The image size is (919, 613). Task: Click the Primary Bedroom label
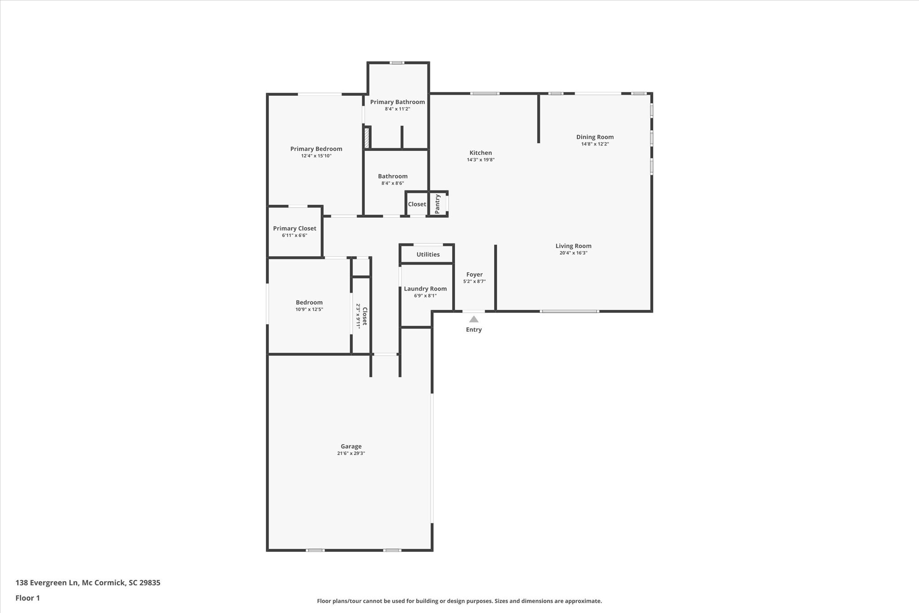316,149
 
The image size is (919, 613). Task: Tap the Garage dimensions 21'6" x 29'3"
351,453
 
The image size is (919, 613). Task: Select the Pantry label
438,203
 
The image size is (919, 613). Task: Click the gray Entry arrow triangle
474,319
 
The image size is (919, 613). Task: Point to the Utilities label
428,254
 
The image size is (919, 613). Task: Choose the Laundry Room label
425,289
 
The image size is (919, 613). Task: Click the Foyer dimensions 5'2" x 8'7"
474,282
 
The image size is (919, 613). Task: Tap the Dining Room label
595,137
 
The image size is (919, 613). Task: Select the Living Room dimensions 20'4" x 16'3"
573,253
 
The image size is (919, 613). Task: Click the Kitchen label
481,153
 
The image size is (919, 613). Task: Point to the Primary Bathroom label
398,102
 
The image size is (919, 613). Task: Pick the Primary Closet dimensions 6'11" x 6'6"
295,235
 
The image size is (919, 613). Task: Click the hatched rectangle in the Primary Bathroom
367,137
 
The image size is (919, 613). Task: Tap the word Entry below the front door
474,330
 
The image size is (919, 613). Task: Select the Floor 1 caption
28,598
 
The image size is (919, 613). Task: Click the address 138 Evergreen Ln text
47,583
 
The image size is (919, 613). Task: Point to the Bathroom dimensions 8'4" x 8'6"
393,183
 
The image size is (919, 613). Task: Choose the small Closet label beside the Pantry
417,204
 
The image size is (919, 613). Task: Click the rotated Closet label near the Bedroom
365,316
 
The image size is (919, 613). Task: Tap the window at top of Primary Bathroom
397,63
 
